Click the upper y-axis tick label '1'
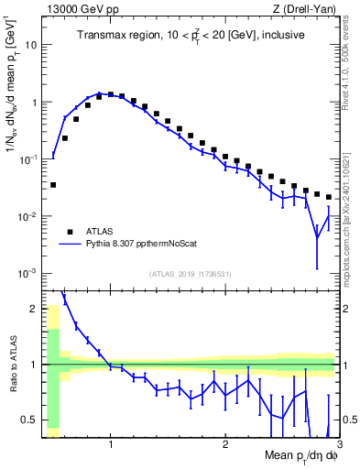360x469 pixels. point(33,103)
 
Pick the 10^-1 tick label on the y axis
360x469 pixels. point(28,159)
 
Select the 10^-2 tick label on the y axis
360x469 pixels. point(28,217)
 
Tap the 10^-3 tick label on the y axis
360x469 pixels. point(28,274)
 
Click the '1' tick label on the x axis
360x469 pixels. point(111,446)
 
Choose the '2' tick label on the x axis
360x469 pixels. point(224,446)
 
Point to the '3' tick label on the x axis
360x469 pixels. point(338,446)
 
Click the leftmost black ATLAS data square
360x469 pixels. point(53,185)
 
